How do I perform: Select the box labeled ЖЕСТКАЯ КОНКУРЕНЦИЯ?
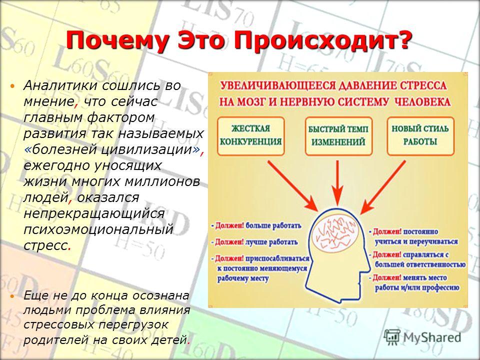click(250, 136)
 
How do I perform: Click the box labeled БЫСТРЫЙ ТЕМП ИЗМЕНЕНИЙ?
click(338, 136)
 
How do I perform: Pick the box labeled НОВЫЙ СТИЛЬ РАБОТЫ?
click(420, 136)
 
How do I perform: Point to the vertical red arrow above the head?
click(337, 183)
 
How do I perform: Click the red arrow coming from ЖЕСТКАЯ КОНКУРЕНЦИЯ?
click(293, 186)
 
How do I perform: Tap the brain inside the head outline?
click(335, 234)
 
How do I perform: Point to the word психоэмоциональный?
click(98, 229)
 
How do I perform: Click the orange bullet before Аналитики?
click(12, 86)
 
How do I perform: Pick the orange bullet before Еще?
click(12, 296)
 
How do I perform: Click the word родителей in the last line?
click(51, 340)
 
